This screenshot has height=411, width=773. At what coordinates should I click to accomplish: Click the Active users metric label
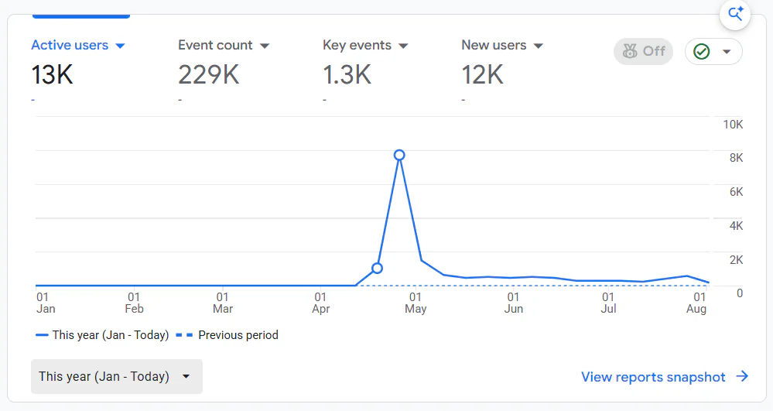coord(70,46)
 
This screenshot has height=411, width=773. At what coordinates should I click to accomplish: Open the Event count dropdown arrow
coord(265,46)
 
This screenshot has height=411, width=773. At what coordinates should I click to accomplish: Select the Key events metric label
coord(357,46)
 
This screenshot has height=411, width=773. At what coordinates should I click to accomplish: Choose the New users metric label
coord(494,46)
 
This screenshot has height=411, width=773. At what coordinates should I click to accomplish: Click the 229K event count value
coord(209,75)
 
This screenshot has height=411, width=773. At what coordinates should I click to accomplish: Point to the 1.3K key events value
coord(347,75)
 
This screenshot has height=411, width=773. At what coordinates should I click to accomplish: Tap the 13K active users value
coord(53,75)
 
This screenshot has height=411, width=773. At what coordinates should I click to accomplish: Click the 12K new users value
coord(482,75)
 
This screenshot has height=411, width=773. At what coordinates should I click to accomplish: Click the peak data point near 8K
coord(399,156)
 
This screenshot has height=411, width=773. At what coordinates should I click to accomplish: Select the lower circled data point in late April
coord(377,269)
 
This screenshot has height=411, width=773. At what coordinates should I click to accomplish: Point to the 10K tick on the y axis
coord(733,125)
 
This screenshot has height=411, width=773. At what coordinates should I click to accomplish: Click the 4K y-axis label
coord(736,226)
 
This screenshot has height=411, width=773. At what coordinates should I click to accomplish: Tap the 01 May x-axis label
coord(416,303)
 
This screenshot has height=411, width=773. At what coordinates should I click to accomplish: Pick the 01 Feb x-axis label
coord(134,303)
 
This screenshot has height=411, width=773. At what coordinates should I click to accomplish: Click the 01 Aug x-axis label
coord(696,303)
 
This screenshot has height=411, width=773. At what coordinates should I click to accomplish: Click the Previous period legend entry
coord(227,335)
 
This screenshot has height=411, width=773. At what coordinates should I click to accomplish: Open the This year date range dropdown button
coord(117,376)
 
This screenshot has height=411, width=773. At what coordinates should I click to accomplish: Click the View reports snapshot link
coord(665,377)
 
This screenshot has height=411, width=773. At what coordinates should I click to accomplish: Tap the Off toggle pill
coord(643,51)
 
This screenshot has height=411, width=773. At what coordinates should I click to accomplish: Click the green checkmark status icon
coord(702,51)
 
